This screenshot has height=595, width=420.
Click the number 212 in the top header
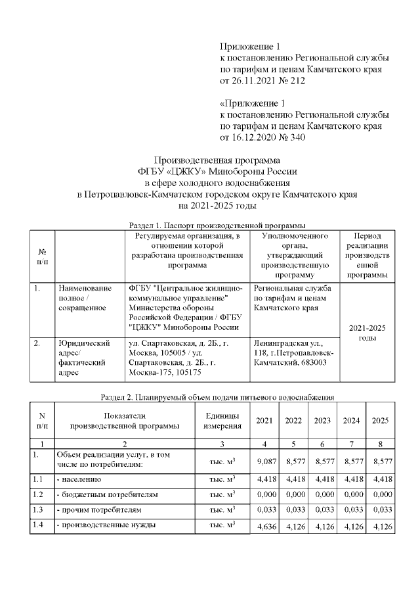[x=296, y=80]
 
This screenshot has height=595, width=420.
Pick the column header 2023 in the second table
[x=322, y=421]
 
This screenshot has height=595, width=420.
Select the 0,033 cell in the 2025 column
[x=381, y=510]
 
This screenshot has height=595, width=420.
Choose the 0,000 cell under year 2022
[x=293, y=494]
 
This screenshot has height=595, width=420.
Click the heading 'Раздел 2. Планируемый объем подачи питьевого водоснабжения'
[x=217, y=397]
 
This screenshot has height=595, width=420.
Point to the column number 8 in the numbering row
[x=381, y=444]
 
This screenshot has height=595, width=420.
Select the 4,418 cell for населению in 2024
[x=352, y=478]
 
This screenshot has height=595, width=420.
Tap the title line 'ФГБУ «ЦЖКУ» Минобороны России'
[x=216, y=172]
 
